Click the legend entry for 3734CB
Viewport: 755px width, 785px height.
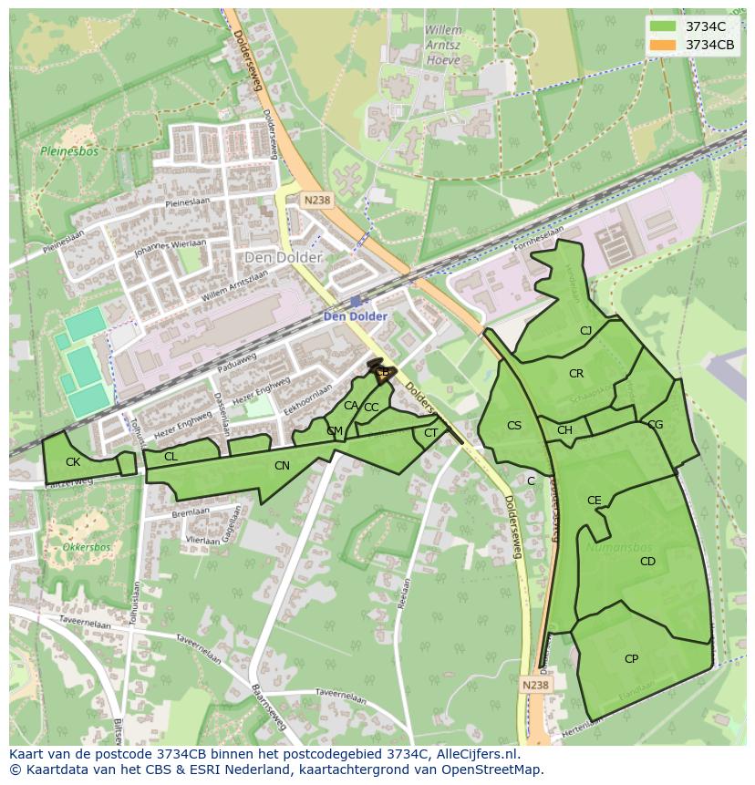pos(710,45)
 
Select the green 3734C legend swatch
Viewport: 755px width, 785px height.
pos(663,26)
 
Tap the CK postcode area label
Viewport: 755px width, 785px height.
pos(73,462)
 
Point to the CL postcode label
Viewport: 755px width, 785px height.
pos(171,456)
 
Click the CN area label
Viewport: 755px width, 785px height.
pos(282,466)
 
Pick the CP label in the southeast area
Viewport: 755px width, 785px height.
pos(631,658)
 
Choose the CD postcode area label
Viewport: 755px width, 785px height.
pos(647,562)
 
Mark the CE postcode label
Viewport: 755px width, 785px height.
pos(595,501)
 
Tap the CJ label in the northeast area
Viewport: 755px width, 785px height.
pos(586,331)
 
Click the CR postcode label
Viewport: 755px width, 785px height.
pos(576,374)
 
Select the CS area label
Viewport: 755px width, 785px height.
pos(514,426)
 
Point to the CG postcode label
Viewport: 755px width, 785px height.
pos(655,425)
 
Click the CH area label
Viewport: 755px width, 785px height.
pos(564,430)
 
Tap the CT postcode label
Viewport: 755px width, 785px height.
pos(431,433)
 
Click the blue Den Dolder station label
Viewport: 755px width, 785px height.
pos(356,316)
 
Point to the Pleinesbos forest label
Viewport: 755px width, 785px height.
pos(62,151)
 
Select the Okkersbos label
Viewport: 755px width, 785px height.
pos(87,548)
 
